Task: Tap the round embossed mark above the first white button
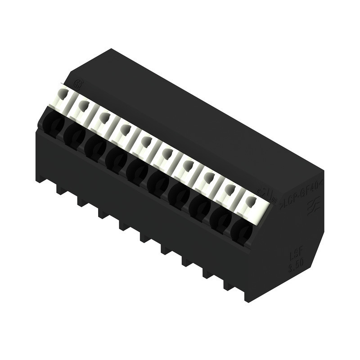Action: point(77,84)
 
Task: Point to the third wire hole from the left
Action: point(95,148)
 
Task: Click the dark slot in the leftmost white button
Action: point(63,94)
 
